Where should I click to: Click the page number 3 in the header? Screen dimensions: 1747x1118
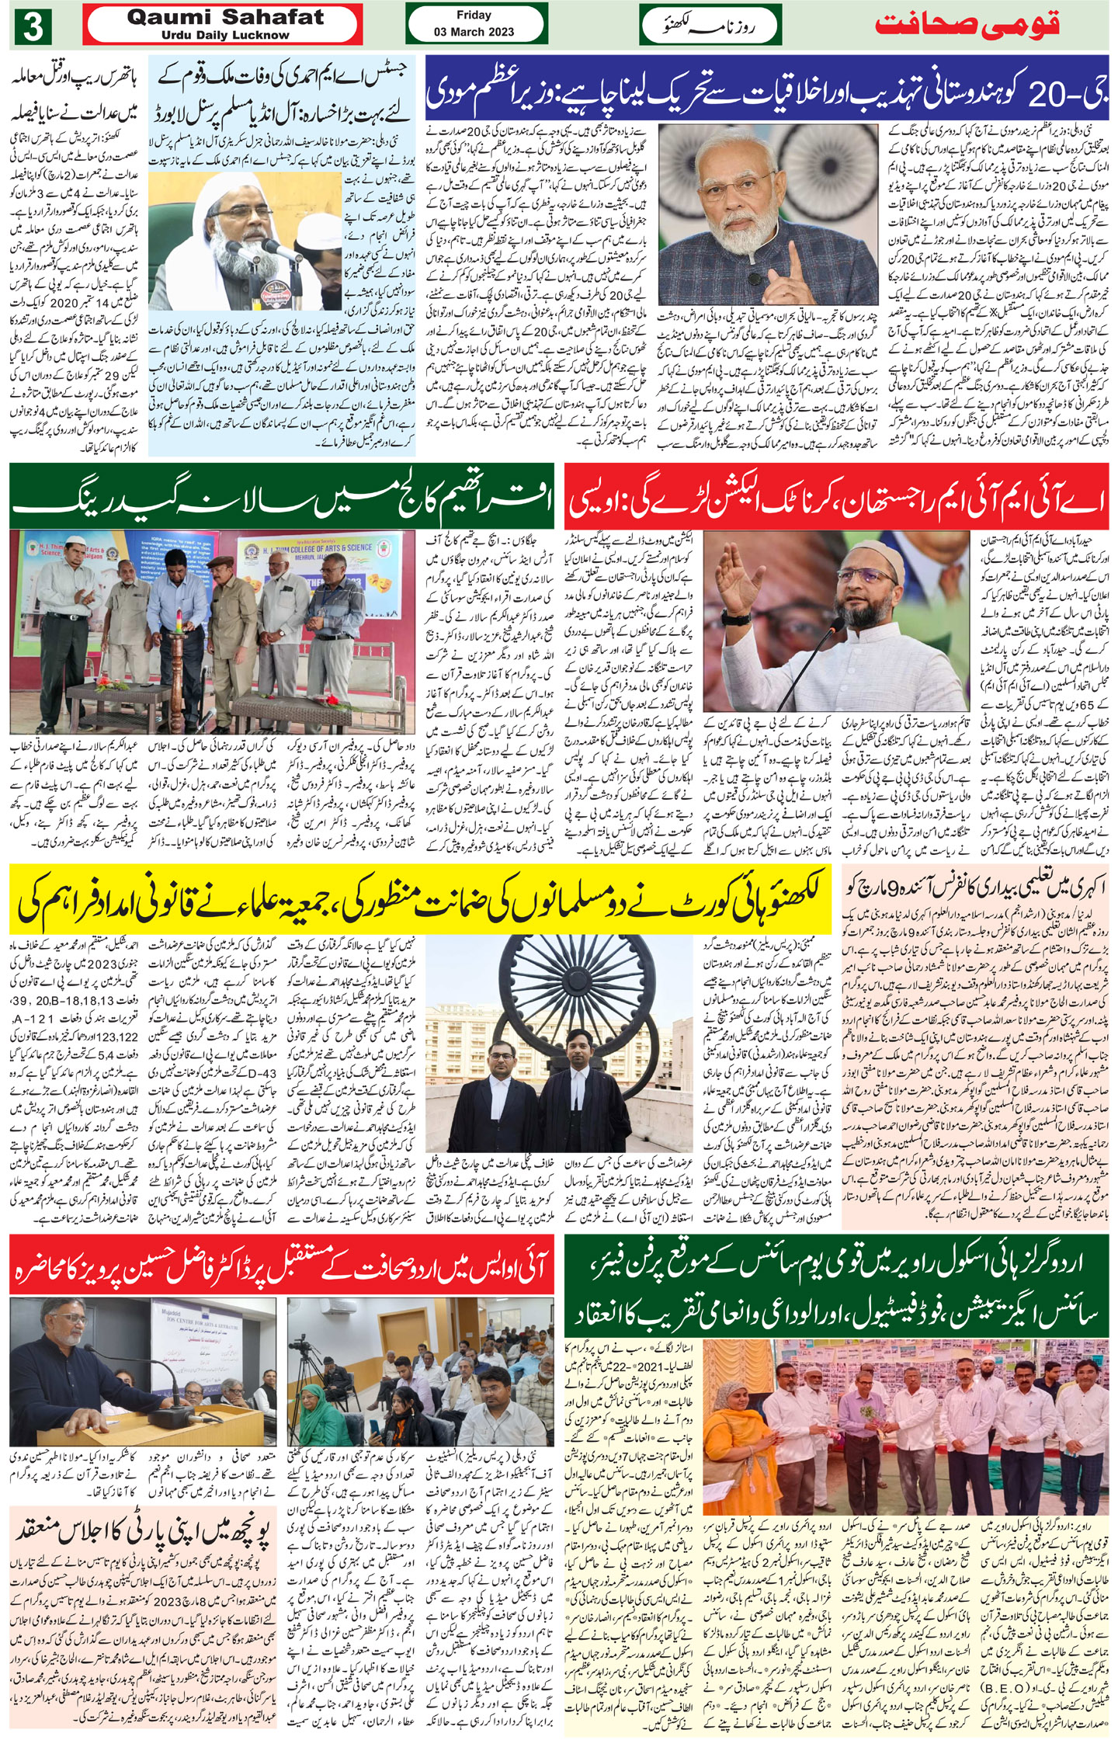coord(31,28)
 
